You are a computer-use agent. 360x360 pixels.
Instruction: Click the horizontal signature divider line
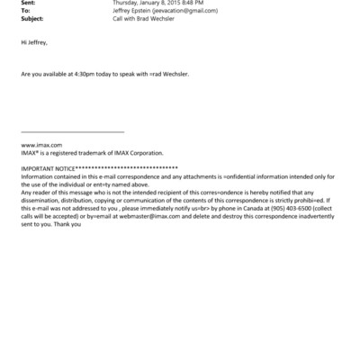click(x=72, y=132)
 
